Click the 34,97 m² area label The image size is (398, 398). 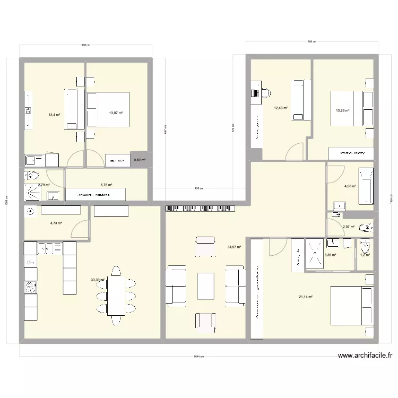(x=234, y=247)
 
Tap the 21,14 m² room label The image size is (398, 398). (x=306, y=297)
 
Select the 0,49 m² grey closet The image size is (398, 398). (x=140, y=160)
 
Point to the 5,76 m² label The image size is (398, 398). (x=106, y=185)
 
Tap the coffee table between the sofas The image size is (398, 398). (x=205, y=285)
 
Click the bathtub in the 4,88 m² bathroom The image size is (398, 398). (x=366, y=186)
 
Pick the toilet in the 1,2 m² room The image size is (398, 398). (x=365, y=248)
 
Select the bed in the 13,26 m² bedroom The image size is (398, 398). (x=348, y=108)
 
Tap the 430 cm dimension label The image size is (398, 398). (x=198, y=188)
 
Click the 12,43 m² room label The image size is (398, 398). (x=281, y=108)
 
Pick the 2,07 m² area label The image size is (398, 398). (x=349, y=227)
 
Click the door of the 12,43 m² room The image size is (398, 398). (x=293, y=153)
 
